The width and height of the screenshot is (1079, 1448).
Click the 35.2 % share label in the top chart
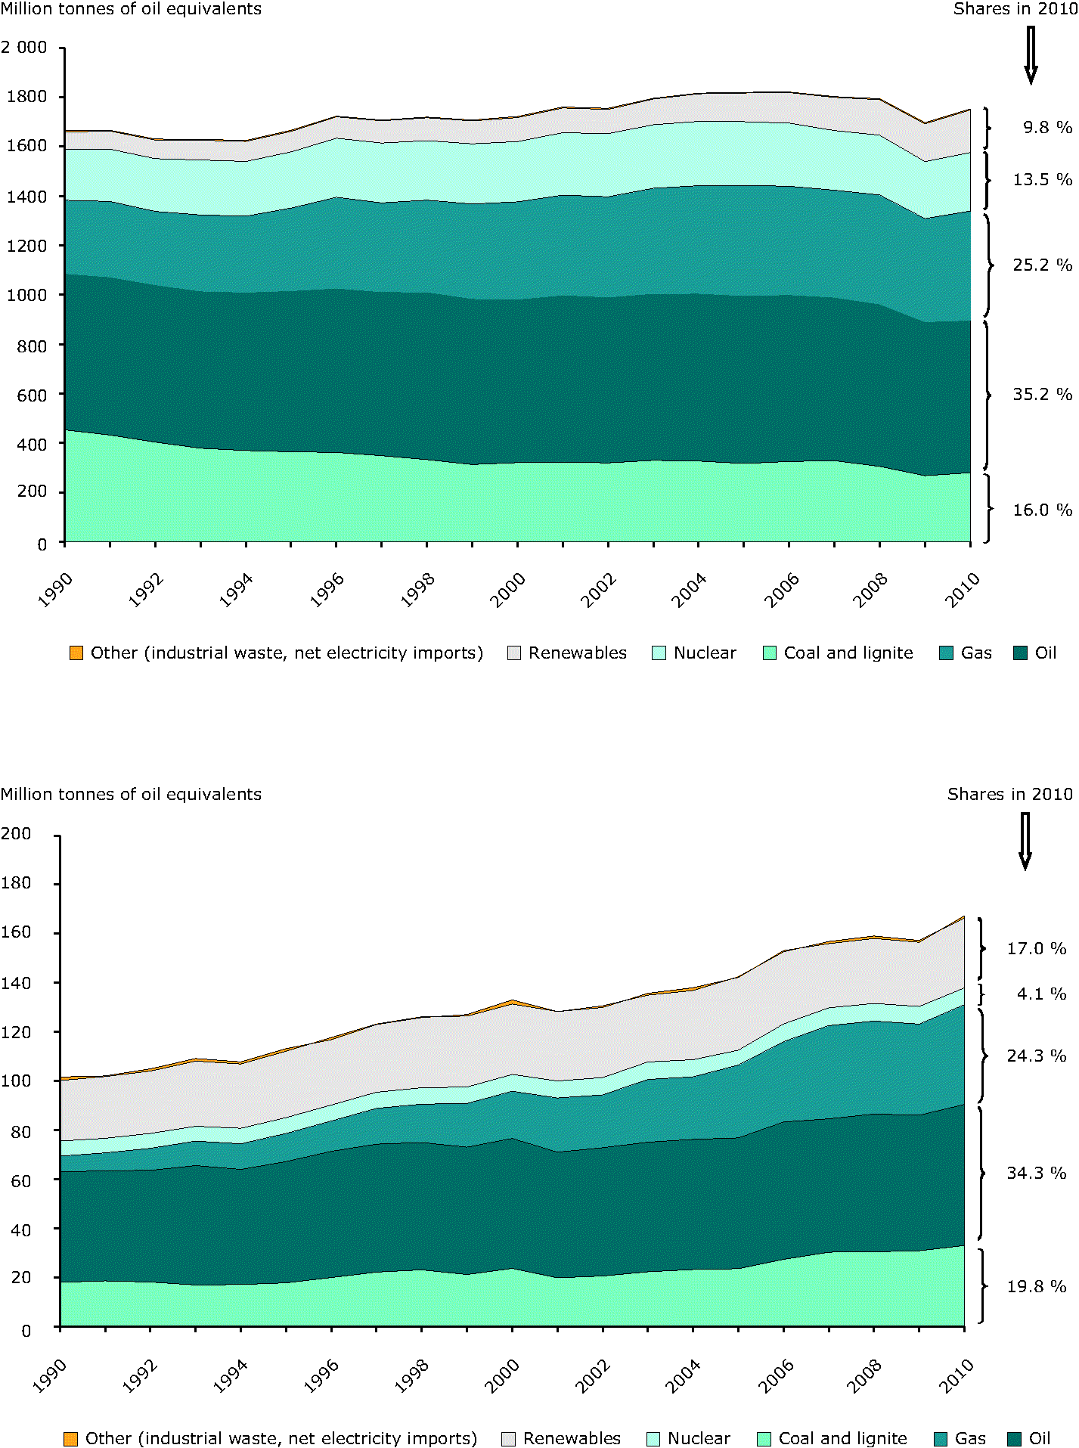[x=1042, y=394]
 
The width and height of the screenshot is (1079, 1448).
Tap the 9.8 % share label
[x=1047, y=127]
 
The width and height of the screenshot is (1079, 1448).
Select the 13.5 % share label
[x=1042, y=179]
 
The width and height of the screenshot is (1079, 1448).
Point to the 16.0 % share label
[x=1042, y=510]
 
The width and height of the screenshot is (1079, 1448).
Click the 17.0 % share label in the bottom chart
[x=1036, y=948]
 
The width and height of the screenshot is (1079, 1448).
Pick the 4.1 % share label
[x=1040, y=994]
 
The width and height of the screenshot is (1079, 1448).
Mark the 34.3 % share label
[x=1036, y=1173]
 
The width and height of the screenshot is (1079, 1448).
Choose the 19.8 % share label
[x=1036, y=1286]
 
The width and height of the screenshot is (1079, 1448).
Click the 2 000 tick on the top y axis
[x=24, y=47]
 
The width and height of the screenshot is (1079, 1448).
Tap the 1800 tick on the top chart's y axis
[x=26, y=96]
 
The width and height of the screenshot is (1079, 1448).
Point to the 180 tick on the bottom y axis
[x=16, y=882]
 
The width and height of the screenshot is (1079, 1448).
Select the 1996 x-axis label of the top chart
[x=327, y=590]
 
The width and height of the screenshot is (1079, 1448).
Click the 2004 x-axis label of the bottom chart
[x=684, y=1376]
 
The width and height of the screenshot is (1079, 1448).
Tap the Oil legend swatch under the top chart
[x=1020, y=653]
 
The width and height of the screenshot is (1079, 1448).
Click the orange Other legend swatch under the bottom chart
[x=70, y=1439]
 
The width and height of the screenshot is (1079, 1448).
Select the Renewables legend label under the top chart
[x=577, y=653]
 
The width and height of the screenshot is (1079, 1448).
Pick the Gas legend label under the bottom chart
[x=970, y=1438]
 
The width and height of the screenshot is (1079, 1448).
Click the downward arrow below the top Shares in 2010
[x=1030, y=55]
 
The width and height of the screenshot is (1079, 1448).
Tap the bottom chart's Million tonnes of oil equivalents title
[x=131, y=794]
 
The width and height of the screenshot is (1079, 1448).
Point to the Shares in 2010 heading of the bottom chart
[x=1009, y=794]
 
